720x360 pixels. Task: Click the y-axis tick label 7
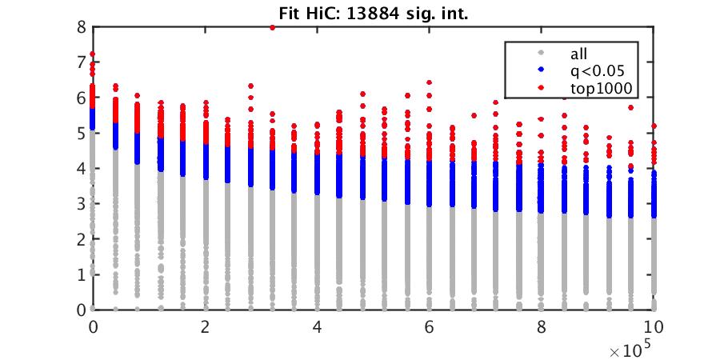[82, 62]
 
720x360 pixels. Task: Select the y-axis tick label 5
[82, 133]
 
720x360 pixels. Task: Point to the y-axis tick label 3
[82, 203]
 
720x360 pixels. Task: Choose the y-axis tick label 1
[82, 274]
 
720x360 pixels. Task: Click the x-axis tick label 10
[655, 327]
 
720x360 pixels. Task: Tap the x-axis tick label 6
[430, 327]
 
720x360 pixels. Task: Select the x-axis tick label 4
[318, 327]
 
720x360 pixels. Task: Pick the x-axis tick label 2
[206, 327]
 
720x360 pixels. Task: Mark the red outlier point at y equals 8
[273, 27]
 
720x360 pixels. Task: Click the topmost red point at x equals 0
[93, 54]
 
